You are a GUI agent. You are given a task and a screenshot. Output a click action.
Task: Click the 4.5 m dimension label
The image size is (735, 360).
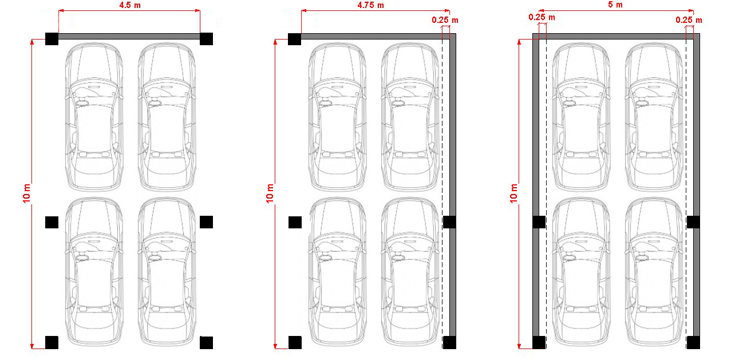[x=130, y=5]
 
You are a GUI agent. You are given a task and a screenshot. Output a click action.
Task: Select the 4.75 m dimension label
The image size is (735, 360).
[x=370, y=5]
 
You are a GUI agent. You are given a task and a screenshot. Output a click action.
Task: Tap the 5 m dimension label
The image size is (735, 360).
[x=615, y=5]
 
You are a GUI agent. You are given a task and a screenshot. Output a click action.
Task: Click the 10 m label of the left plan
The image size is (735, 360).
[x=26, y=193]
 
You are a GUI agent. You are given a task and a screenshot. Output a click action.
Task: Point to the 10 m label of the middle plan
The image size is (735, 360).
[x=270, y=193]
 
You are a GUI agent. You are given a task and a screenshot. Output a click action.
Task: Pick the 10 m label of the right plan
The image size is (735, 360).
[x=513, y=193]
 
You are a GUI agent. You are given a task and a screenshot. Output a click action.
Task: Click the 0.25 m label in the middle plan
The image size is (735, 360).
[x=445, y=20]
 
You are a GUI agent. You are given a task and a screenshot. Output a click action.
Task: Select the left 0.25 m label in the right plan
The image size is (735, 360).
[x=542, y=17]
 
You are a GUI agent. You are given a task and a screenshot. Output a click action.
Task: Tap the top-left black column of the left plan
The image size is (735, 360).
[x=52, y=39]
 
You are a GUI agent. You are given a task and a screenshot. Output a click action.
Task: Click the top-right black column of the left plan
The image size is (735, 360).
[x=207, y=39]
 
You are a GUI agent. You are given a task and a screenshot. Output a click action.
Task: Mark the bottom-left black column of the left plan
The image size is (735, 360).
[x=52, y=342]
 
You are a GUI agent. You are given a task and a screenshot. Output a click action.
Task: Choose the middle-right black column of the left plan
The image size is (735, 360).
[x=207, y=222]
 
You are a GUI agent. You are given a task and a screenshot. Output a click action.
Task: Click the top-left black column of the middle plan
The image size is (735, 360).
[x=295, y=39]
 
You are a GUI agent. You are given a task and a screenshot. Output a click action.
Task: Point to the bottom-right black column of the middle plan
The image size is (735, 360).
[x=449, y=342]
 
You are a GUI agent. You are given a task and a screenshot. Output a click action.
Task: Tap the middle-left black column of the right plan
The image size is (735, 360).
[x=539, y=222]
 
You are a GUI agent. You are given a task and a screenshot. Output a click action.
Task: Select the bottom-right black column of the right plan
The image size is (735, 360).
[x=693, y=342]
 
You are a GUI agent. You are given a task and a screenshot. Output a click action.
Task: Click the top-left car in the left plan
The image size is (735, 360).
[x=94, y=117]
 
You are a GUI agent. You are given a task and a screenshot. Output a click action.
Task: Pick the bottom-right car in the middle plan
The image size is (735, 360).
[x=410, y=272]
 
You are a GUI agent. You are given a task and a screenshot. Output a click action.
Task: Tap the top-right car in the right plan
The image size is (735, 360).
[x=654, y=117]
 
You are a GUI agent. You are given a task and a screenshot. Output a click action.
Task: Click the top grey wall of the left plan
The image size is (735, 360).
[x=129, y=36]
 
